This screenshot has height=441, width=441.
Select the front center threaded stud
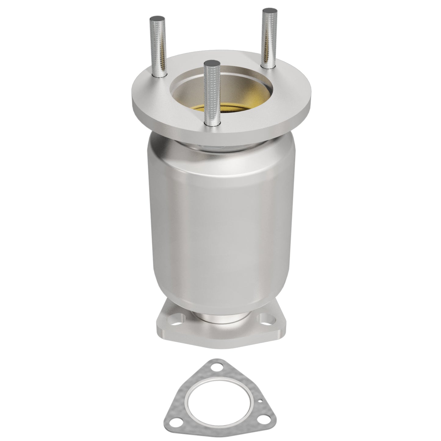pyautogui.click(x=212, y=92)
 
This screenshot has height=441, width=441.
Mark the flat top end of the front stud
pyautogui.click(x=212, y=63)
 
